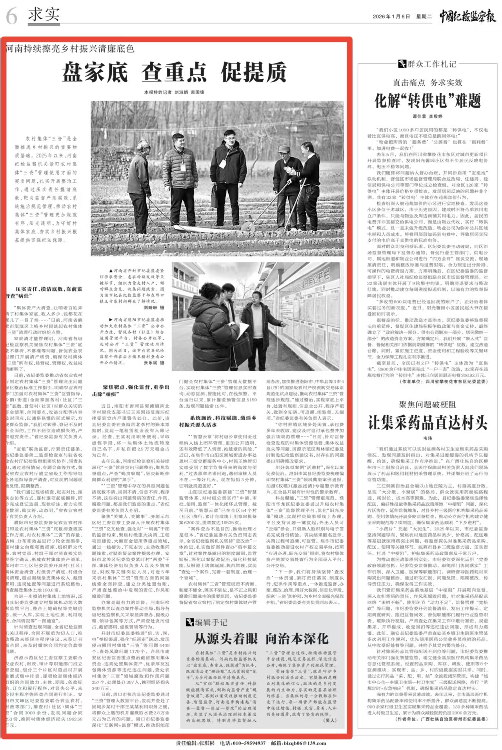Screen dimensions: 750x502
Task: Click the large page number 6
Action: [x=11, y=16]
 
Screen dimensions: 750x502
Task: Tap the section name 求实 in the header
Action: [x=44, y=15]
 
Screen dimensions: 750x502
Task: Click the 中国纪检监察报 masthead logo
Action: [x=467, y=16]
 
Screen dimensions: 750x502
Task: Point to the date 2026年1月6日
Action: [x=391, y=17]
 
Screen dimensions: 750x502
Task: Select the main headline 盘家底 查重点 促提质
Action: [x=175, y=72]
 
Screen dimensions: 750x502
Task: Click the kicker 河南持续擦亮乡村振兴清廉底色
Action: [x=70, y=49]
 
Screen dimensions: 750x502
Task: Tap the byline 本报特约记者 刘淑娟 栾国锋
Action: [x=174, y=92]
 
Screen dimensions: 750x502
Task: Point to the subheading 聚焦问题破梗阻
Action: [x=427, y=405]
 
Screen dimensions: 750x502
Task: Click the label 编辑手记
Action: [x=211, y=623]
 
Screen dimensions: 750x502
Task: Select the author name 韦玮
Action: [x=427, y=438]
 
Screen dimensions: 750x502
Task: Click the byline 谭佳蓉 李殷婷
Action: [x=427, y=116]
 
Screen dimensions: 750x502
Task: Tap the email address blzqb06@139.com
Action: [x=304, y=743]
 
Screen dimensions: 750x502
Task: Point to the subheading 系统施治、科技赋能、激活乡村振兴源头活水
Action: [x=218, y=421]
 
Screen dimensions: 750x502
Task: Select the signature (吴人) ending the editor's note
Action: [x=330, y=721]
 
